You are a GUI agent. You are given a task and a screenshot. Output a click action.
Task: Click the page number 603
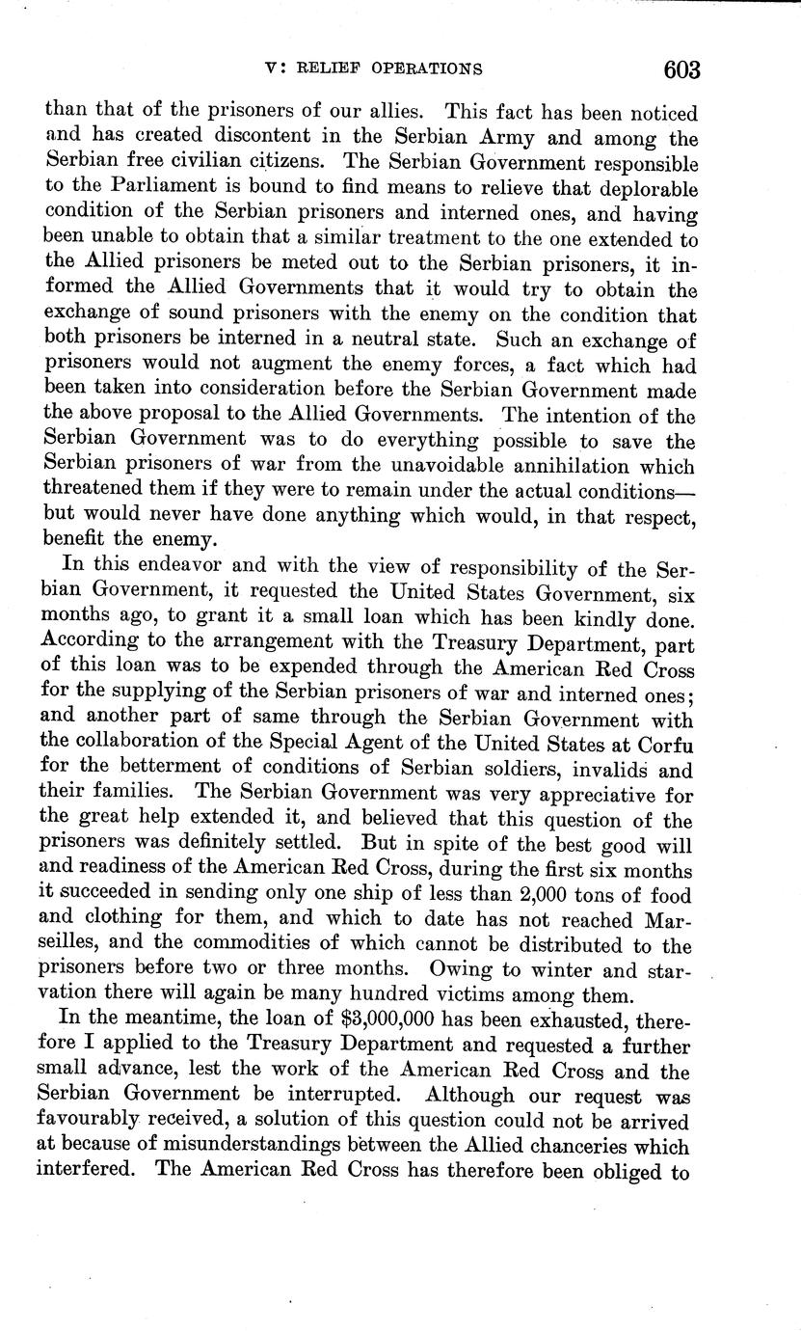point(681,69)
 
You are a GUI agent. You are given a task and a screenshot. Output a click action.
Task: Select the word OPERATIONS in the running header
point(432,68)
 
